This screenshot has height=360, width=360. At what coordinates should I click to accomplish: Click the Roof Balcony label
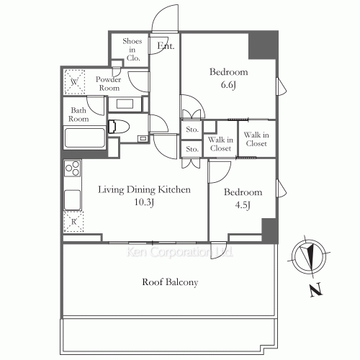(x=169, y=283)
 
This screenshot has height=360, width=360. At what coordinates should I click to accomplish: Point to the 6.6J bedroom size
(x=228, y=84)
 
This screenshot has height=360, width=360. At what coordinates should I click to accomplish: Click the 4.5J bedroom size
(x=243, y=206)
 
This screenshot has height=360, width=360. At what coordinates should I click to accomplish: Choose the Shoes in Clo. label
(x=132, y=50)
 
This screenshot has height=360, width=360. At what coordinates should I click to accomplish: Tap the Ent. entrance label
(x=166, y=48)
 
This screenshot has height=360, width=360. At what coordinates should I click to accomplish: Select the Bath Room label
(x=78, y=115)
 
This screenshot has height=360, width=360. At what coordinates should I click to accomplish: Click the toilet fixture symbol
(x=120, y=127)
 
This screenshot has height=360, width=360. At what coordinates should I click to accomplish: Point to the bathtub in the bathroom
(x=85, y=138)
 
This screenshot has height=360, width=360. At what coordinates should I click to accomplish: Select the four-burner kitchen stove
(x=73, y=170)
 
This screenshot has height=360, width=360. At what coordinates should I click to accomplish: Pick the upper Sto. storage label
(x=192, y=130)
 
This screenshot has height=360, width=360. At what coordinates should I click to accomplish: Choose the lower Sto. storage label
(x=192, y=149)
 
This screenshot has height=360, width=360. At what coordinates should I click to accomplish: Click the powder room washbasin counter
(x=129, y=104)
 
